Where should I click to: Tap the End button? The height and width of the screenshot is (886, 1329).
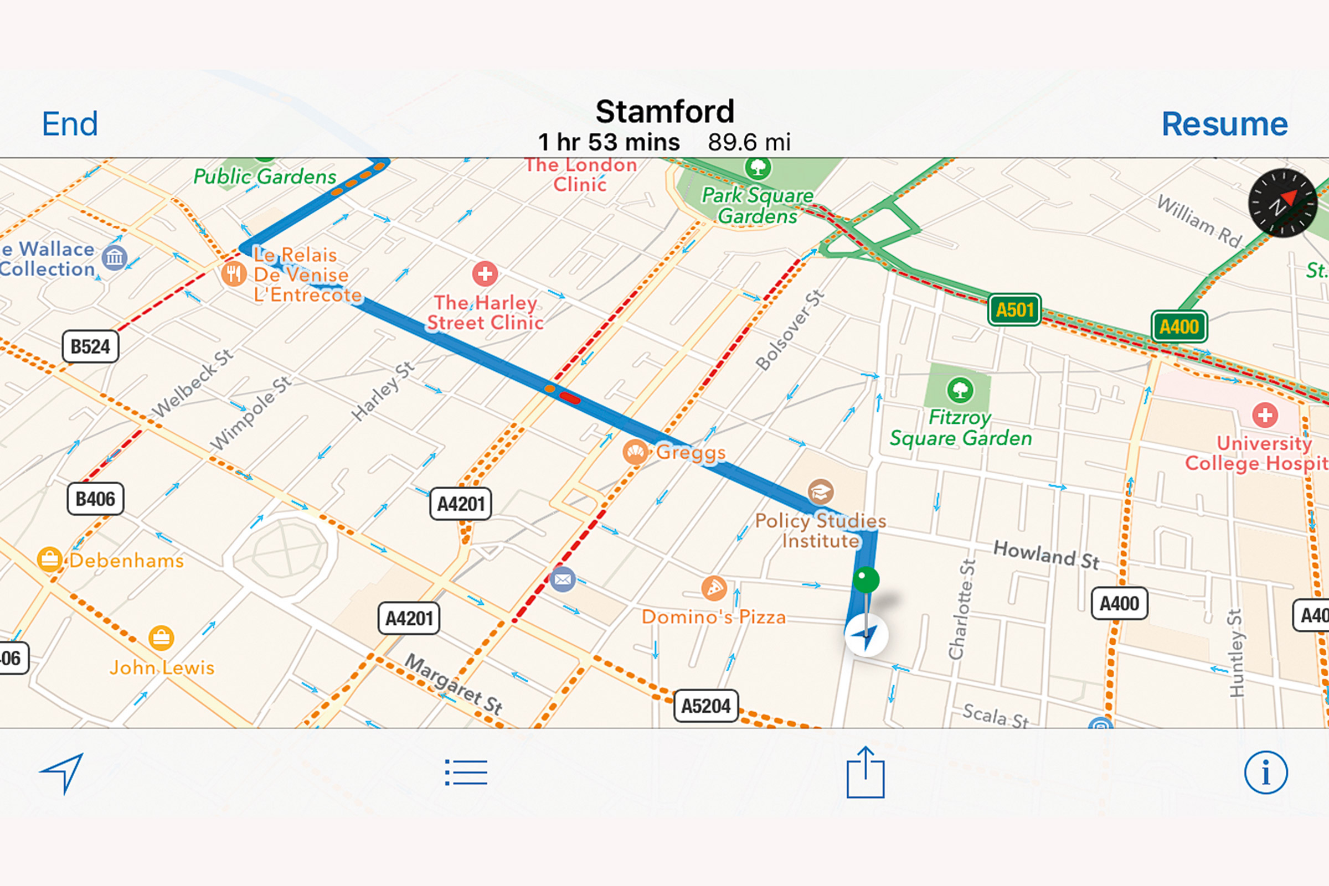(70, 124)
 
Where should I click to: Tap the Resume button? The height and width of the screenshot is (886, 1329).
(1224, 124)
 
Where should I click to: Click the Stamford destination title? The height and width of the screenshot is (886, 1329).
(665, 111)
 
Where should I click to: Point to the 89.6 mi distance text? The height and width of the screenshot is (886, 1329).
(749, 142)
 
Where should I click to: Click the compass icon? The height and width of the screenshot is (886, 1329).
(1282, 203)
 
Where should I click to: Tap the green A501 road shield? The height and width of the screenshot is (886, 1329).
(1014, 310)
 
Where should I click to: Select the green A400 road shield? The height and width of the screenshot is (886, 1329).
(1178, 327)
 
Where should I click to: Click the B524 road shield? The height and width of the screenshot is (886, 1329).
(90, 346)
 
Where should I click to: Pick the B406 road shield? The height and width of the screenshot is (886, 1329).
(95, 499)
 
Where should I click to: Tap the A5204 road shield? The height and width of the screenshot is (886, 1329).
(705, 706)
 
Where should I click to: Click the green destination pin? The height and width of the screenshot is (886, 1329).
(866, 581)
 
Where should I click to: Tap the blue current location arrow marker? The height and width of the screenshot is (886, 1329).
(866, 635)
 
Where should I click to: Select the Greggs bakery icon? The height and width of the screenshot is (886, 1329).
(635, 452)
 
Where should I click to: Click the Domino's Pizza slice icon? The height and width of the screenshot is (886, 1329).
(714, 589)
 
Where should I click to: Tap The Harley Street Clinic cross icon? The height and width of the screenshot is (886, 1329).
(485, 274)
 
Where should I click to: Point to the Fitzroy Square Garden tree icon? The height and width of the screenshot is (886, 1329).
(960, 390)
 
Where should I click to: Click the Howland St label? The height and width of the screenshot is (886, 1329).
(1046, 555)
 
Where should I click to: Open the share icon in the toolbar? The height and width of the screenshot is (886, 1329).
(865, 773)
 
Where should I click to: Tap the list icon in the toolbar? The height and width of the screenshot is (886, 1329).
(466, 773)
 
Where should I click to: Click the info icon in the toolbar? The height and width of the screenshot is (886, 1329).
(1266, 773)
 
